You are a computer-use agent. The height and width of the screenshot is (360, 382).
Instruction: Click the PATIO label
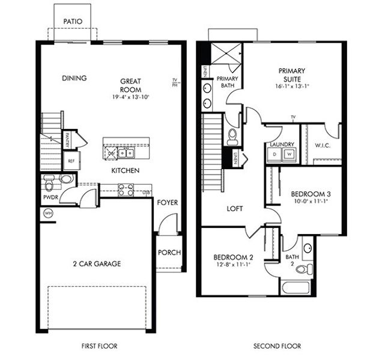click(73, 21)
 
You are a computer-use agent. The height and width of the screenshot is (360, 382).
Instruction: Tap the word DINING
click(74, 78)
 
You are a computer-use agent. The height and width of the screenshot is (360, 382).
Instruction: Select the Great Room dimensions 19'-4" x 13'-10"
click(130, 97)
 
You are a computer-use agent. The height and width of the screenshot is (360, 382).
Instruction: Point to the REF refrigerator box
click(70, 161)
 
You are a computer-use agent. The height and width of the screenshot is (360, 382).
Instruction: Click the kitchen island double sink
click(126, 154)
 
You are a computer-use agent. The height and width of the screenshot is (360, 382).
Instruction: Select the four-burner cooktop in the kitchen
click(126, 190)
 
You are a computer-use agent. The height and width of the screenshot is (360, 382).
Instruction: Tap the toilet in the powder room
click(50, 179)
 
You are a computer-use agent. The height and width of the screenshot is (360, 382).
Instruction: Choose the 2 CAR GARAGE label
click(97, 263)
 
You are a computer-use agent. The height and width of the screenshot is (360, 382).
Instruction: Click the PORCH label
click(169, 253)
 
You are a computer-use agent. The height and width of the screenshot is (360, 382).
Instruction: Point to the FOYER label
click(168, 203)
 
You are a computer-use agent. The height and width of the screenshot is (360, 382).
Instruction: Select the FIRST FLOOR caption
click(99, 346)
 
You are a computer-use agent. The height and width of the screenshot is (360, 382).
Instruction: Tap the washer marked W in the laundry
click(289, 154)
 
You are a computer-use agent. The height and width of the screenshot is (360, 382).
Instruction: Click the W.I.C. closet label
click(323, 145)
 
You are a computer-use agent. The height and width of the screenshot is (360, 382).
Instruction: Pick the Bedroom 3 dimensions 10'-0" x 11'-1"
click(311, 202)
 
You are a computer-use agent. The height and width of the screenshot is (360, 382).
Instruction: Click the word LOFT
click(234, 209)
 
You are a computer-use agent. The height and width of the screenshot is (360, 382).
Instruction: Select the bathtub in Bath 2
click(295, 286)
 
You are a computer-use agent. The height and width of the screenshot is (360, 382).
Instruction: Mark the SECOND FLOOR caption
click(277, 346)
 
